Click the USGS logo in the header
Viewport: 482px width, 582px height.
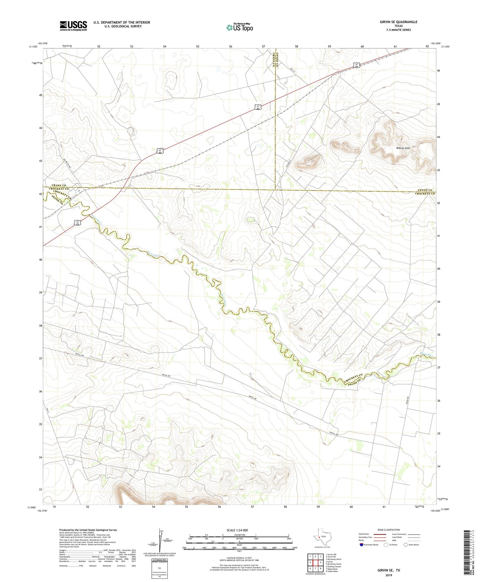[73, 26]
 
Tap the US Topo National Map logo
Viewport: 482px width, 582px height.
[239, 27]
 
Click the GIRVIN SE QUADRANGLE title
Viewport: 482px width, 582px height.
[398, 22]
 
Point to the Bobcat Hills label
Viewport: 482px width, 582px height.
[403, 148]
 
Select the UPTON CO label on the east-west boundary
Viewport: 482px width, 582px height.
[425, 190]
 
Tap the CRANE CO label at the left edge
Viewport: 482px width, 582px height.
[59, 186]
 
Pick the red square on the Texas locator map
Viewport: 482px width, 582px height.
[319, 537]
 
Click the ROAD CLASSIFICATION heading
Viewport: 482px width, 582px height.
[388, 530]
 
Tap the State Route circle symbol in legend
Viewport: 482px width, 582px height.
[406, 544]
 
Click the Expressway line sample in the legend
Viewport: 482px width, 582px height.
[379, 534]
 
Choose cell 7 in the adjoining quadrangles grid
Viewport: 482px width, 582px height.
[316, 568]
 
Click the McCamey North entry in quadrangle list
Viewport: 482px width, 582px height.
[333, 559]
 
